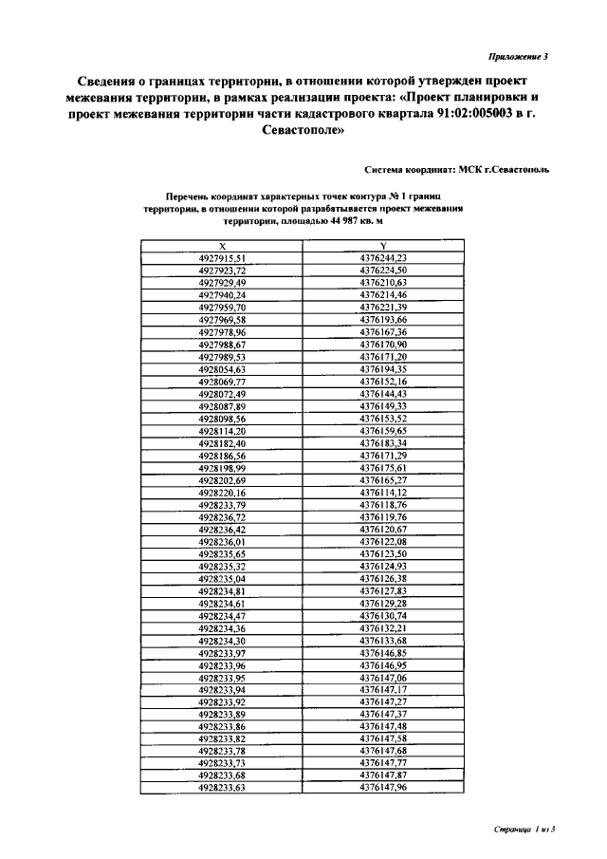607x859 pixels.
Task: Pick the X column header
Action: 222,246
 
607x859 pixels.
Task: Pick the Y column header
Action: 383,246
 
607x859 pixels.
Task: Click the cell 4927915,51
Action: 222,257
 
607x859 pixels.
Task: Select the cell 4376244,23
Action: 383,257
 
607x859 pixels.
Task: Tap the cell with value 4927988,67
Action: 222,345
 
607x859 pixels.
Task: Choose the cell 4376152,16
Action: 383,382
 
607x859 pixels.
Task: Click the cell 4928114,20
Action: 222,431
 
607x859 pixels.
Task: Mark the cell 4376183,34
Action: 383,443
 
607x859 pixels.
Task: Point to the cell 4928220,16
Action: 222,493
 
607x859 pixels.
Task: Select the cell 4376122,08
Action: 383,542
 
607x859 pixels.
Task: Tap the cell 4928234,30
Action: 222,641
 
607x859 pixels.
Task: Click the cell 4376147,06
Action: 383,678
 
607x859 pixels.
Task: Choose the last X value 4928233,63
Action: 222,788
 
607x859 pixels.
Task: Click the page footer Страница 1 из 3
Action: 524,830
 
